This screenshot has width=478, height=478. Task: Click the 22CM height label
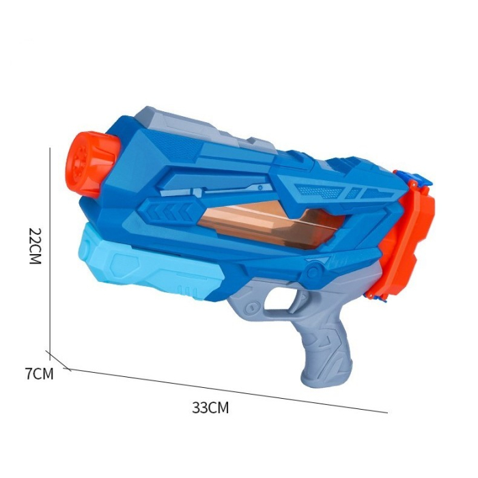click(36, 247)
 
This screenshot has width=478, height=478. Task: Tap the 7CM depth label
click(38, 373)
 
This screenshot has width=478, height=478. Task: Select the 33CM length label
click(210, 408)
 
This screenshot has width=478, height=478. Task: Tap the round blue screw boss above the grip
click(313, 274)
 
